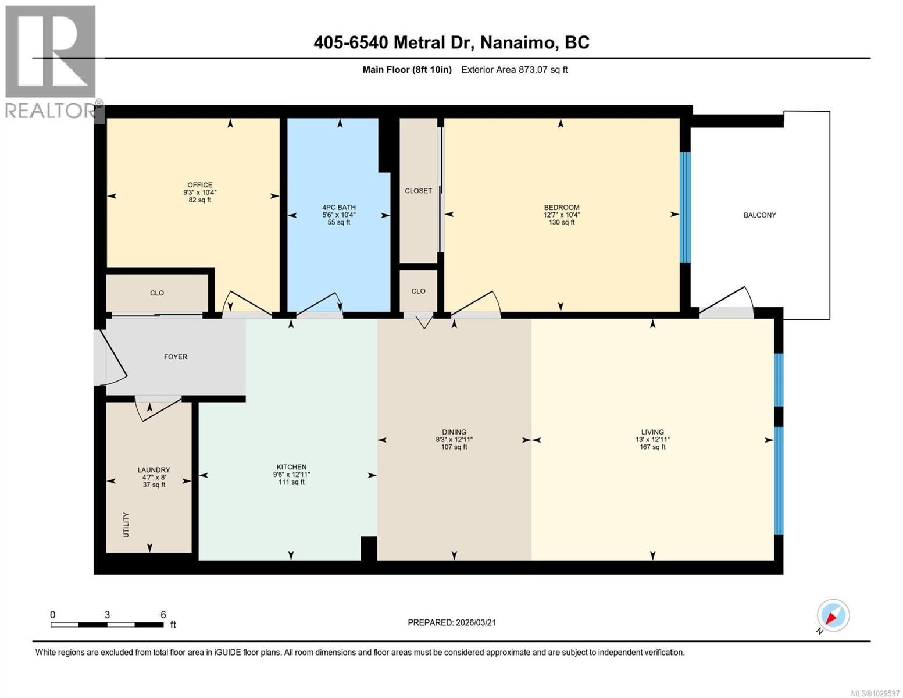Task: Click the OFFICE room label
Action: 199,185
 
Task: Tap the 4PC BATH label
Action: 339,207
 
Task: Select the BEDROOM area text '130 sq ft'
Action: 561,222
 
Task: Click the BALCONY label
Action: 759,215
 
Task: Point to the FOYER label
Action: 176,357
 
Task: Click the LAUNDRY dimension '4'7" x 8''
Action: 154,478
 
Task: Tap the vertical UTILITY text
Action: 126,525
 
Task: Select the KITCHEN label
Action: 291,467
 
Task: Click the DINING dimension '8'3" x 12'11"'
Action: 454,440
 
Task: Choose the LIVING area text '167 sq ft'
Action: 652,447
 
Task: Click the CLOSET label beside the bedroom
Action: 418,191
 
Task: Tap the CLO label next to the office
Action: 157,293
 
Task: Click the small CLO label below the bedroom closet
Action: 418,291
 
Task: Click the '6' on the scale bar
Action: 163,615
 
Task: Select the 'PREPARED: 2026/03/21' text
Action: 452,623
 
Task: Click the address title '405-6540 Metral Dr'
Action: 395,42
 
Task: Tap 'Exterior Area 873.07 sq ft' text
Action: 514,70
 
